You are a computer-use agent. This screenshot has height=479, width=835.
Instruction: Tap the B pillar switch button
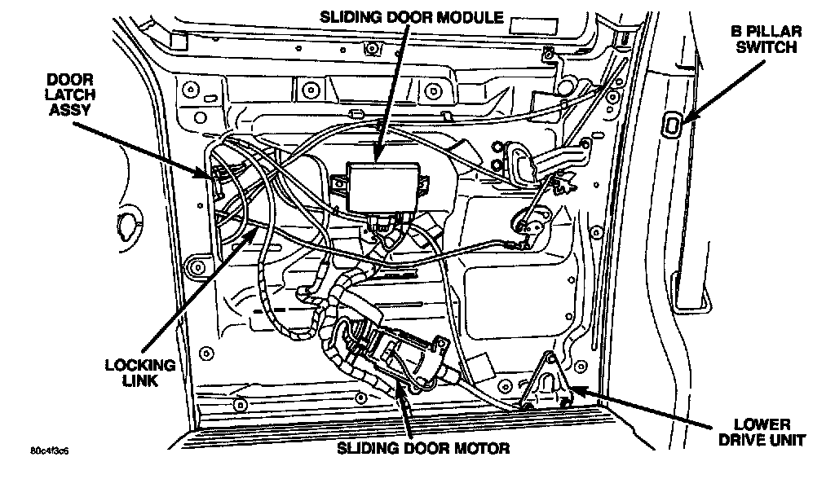(x=675, y=124)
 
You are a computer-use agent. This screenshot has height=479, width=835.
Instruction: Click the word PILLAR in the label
(x=775, y=32)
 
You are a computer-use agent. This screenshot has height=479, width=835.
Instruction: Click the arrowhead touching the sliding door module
(x=377, y=156)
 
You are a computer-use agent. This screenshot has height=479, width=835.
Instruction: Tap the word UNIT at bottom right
(x=789, y=441)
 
